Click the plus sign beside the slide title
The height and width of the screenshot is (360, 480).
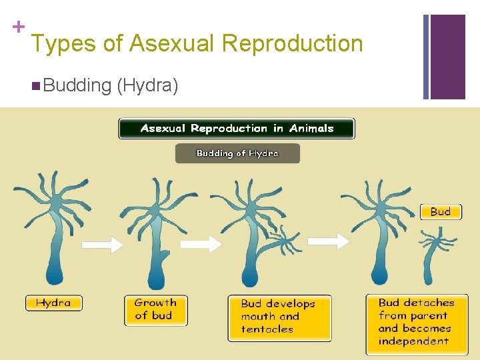(19, 27)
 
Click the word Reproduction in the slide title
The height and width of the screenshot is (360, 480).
(292, 44)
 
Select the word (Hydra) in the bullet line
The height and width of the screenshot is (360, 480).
(147, 85)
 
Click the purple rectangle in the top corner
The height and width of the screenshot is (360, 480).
(447, 57)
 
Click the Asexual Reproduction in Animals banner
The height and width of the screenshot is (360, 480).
(237, 129)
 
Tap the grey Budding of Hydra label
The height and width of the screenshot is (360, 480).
(237, 153)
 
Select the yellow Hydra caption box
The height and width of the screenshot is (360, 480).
(53, 303)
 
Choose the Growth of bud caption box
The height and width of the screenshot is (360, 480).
(155, 309)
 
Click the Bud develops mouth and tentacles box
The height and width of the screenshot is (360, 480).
(279, 317)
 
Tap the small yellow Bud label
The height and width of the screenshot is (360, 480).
(440, 211)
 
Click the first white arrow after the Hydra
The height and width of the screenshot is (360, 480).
(102, 245)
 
